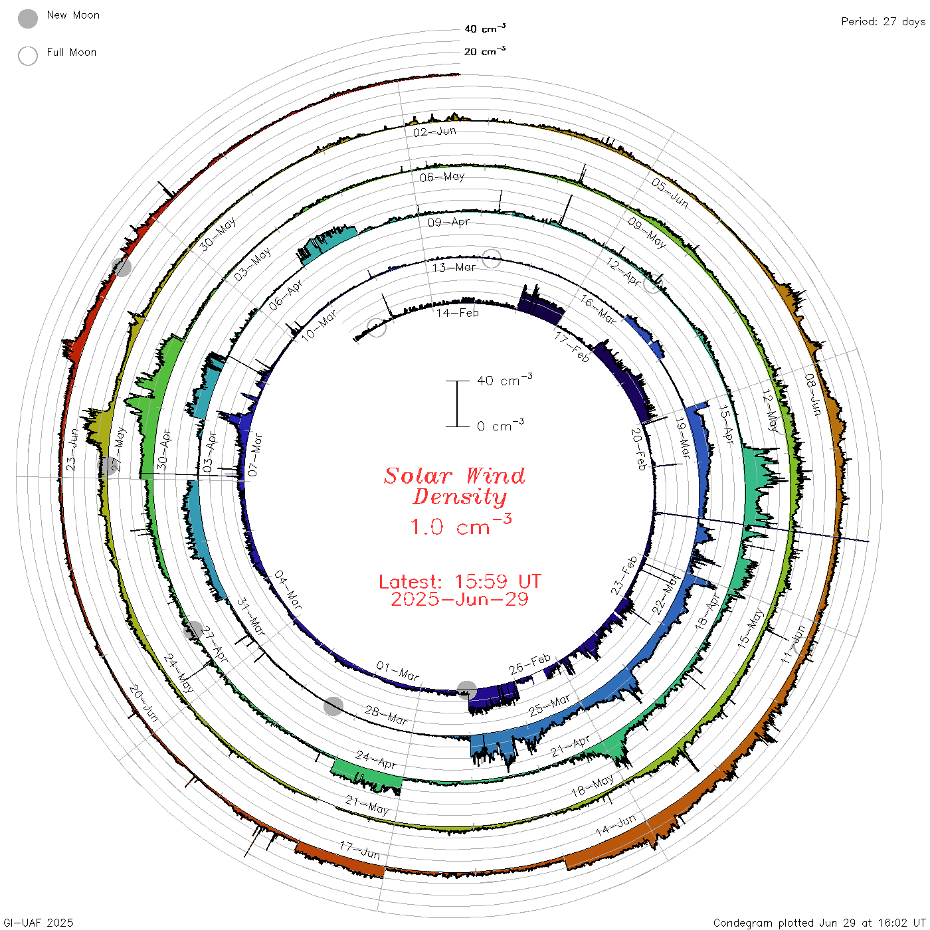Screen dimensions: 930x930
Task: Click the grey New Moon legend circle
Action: (27, 19)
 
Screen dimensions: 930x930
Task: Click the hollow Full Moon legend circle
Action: (27, 56)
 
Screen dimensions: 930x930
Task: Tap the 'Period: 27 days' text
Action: (883, 22)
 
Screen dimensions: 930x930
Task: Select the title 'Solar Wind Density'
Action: (454, 486)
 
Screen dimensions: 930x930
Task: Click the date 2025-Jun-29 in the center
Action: (460, 599)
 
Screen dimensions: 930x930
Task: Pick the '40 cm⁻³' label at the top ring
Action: (484, 29)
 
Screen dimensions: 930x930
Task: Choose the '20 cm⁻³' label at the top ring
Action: (484, 50)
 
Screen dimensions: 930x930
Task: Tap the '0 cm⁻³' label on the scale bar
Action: (500, 426)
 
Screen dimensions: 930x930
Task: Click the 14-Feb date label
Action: (457, 313)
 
